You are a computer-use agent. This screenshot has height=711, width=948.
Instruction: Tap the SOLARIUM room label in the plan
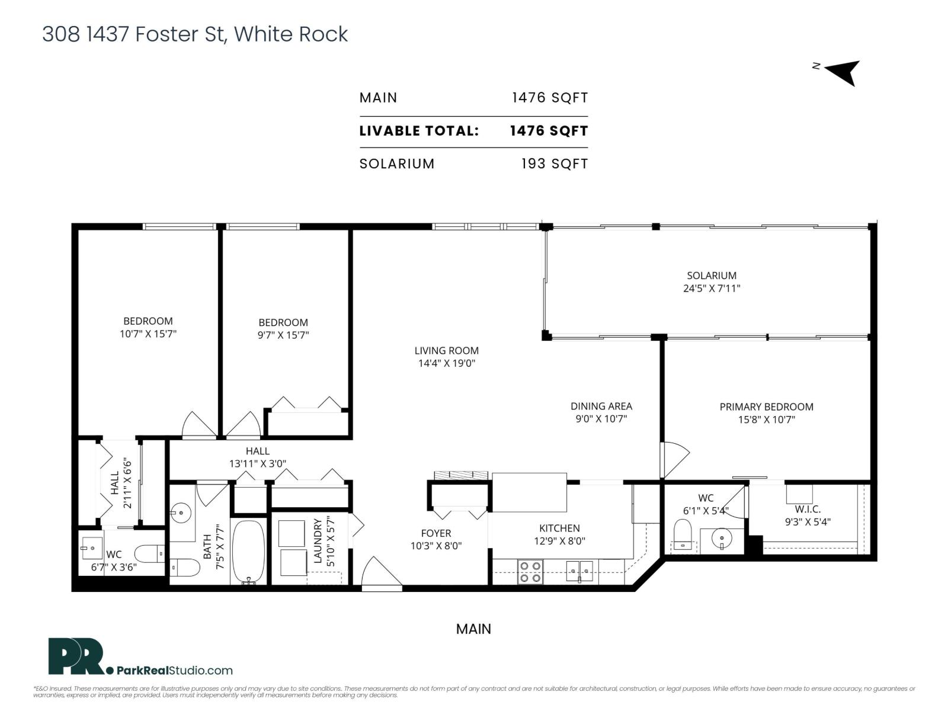coord(712,276)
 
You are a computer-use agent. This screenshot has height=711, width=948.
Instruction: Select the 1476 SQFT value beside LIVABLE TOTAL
coord(549,131)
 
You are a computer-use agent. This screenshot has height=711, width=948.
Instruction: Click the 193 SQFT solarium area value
coord(554,164)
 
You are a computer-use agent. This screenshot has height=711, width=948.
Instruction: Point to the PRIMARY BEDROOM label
coord(766,407)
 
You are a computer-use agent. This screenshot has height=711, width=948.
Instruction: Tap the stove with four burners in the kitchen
coord(530,572)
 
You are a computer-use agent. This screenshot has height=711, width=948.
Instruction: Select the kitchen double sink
coord(579,572)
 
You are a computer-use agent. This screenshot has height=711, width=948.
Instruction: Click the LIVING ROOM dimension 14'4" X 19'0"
coord(446,363)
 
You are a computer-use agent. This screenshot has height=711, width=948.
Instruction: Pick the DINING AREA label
coord(601,406)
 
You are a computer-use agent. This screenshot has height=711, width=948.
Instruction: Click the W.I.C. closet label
coord(808,510)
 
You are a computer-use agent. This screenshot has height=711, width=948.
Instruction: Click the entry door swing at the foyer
coord(378,573)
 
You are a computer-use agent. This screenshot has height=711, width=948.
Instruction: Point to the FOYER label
coord(435,533)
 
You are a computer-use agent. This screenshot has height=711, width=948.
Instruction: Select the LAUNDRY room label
coord(318,541)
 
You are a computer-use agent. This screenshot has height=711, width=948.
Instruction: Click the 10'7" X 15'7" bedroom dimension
coord(148,334)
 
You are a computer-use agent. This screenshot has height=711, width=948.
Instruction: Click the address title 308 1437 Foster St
coord(194,34)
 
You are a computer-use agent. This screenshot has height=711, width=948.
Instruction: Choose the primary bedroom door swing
coord(674,460)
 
